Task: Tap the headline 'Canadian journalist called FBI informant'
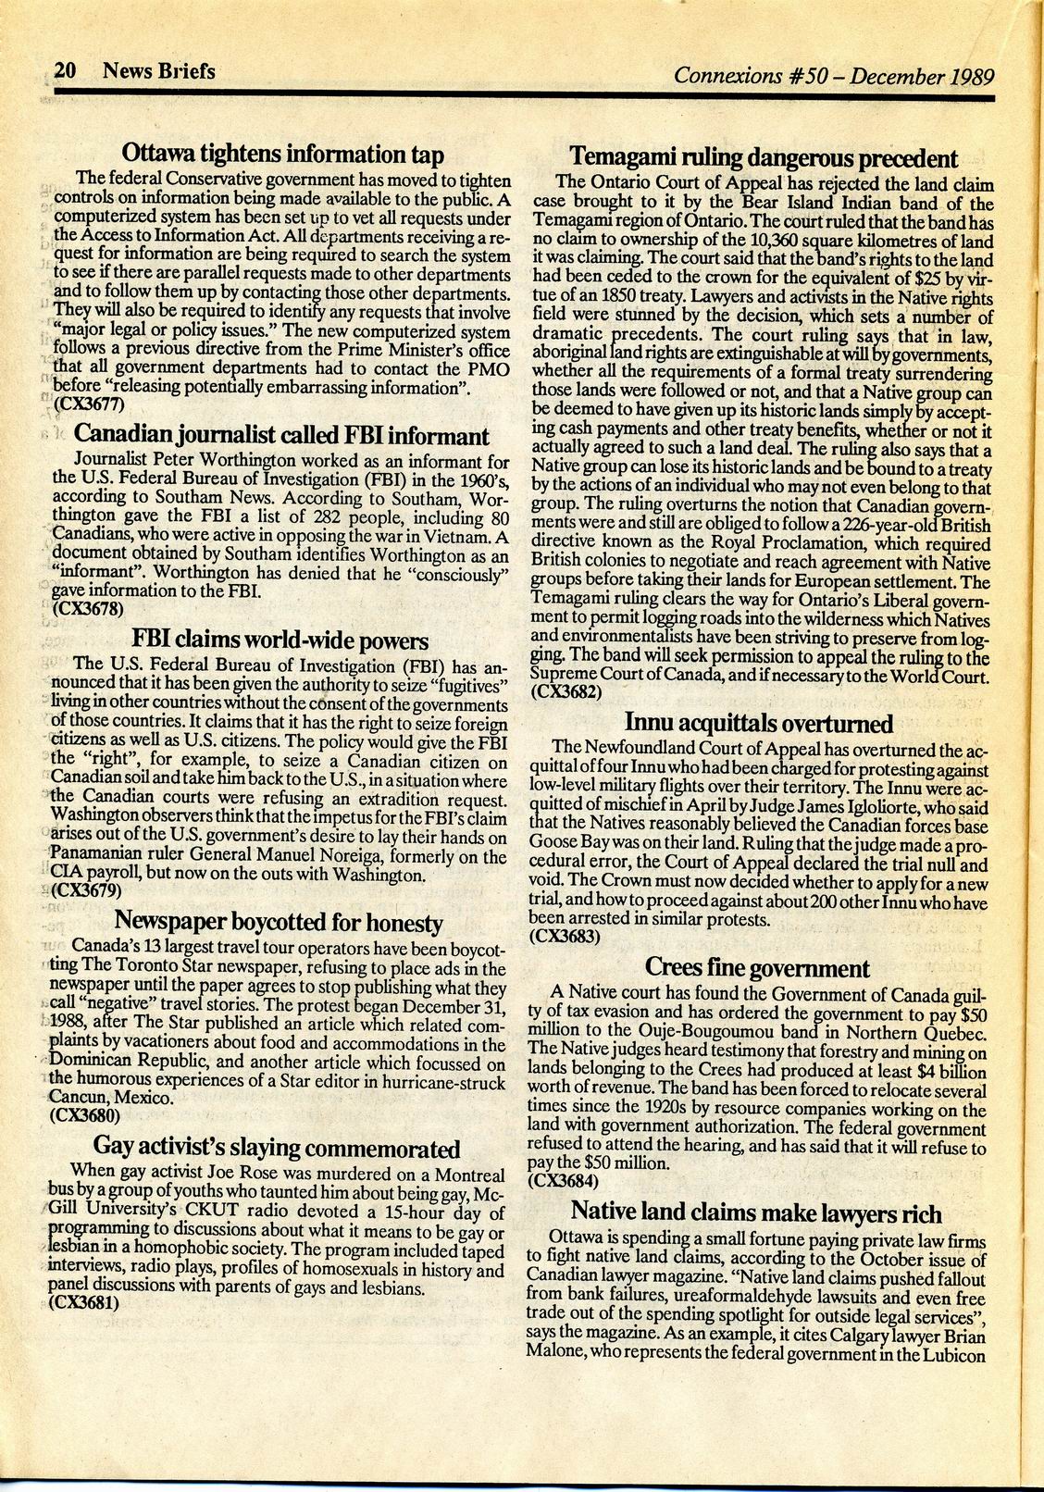[x=281, y=435]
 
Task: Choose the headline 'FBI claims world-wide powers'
[x=280, y=640]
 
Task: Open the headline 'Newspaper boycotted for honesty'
[x=279, y=922]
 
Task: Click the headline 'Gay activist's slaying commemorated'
[x=278, y=1149]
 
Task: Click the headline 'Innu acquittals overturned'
[x=759, y=722]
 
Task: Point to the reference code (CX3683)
[x=565, y=935]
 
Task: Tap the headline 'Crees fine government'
[x=756, y=968]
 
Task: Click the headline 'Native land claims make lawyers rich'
[x=756, y=1212]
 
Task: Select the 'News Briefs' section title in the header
[x=159, y=70]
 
